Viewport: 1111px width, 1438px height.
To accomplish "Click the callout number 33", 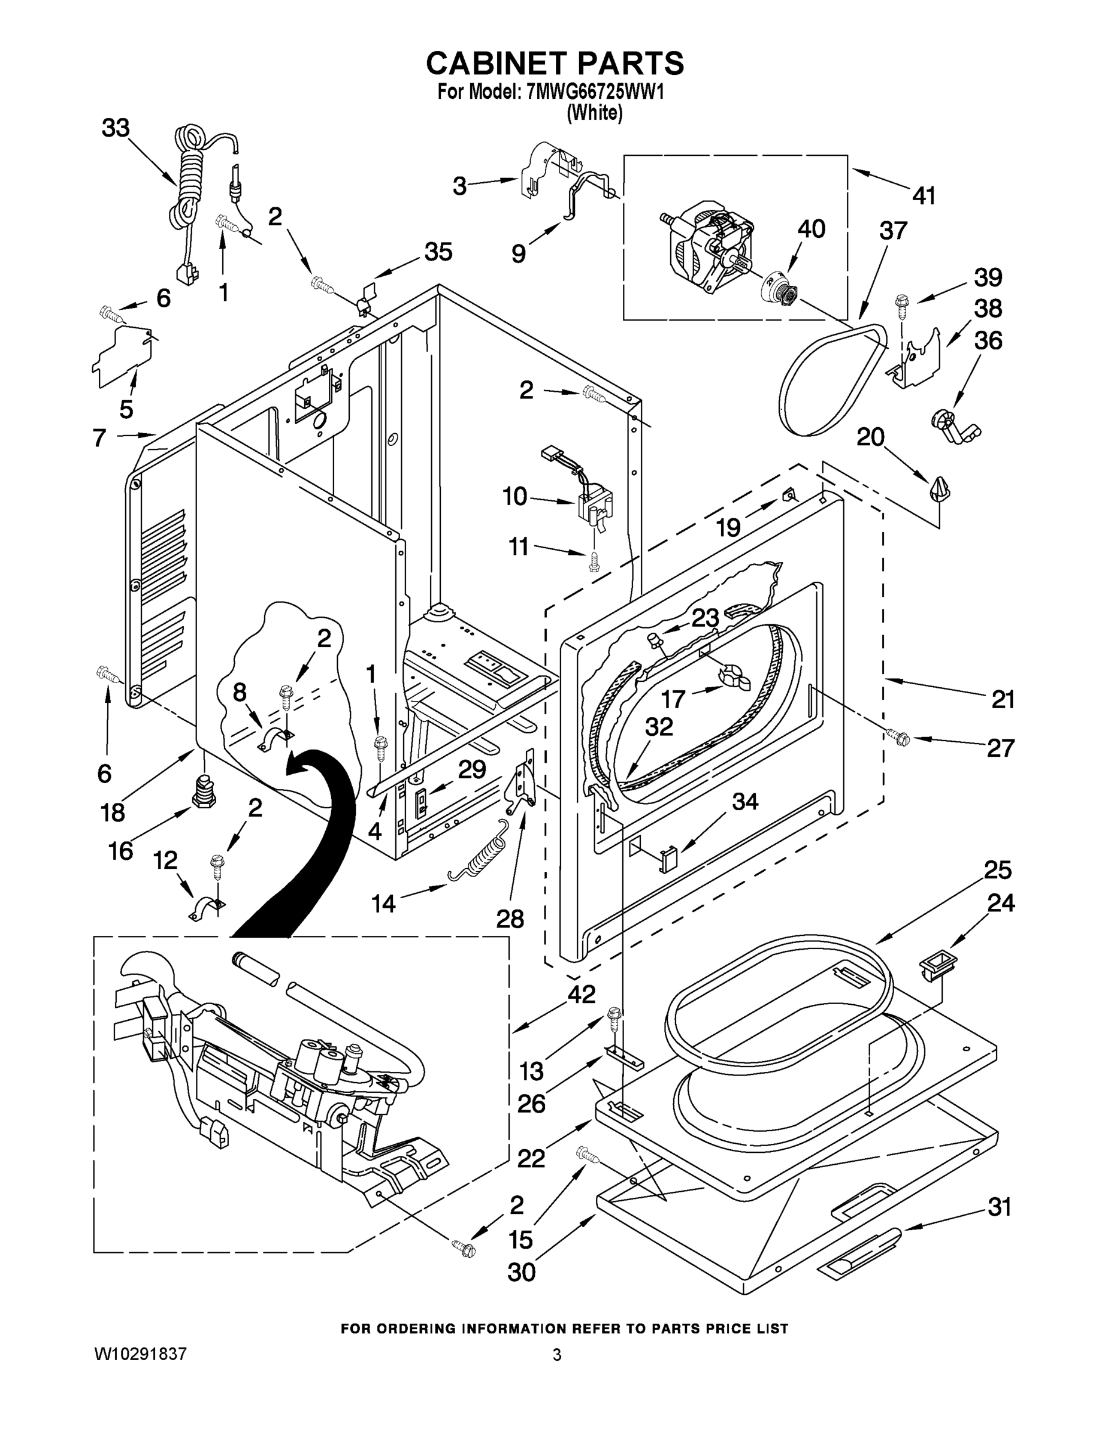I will point(115,128).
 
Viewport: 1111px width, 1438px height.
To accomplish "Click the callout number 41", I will point(924,195).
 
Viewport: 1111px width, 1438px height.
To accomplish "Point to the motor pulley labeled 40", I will point(780,290).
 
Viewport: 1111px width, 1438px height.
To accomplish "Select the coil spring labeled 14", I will point(479,853).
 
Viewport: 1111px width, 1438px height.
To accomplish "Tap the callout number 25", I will point(997,870).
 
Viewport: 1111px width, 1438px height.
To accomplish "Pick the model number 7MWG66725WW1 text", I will point(595,92).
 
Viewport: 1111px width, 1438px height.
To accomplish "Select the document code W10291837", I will point(141,1354).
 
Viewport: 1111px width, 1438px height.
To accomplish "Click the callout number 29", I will point(472,770).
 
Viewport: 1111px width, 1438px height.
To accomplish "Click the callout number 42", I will point(581,994).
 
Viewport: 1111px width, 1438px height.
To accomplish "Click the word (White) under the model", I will point(594,113).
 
